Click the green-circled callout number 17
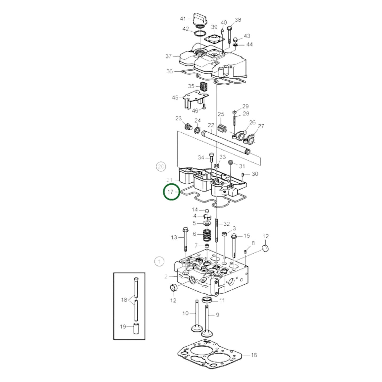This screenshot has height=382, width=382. pyautogui.click(x=171, y=191)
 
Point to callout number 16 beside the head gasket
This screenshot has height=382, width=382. pyautogui.click(x=254, y=355)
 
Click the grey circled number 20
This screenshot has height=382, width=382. pyautogui.click(x=161, y=167)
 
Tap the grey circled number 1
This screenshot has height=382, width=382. pyautogui.click(x=159, y=262)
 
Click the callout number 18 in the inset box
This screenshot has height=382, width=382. pyautogui.click(x=124, y=300)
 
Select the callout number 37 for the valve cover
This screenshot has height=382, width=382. pyautogui.click(x=169, y=56)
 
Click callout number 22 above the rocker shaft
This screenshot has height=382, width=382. pyautogui.click(x=211, y=125)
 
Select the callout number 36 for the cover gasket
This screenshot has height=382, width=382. pyautogui.click(x=169, y=71)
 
